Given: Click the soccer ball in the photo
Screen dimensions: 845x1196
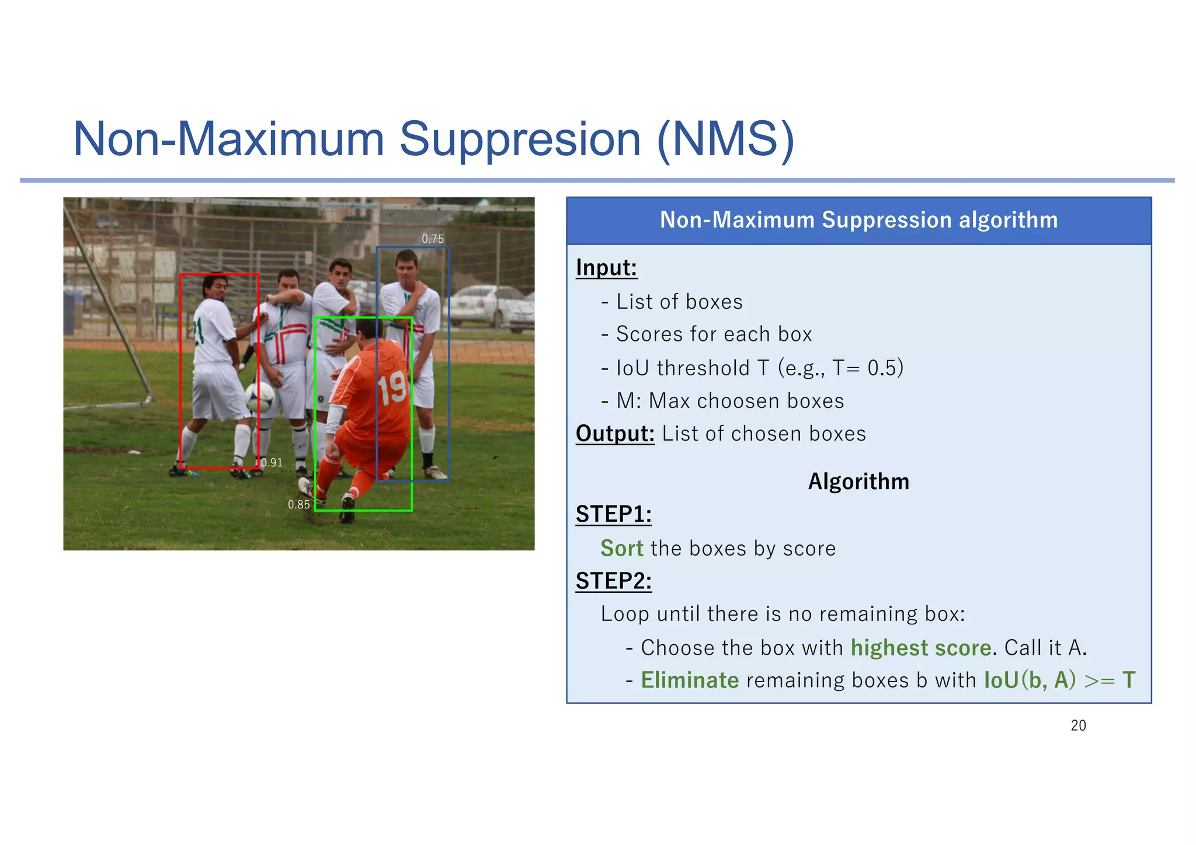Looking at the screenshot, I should pyautogui.click(x=259, y=397).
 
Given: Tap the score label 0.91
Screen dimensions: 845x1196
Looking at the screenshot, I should pyautogui.click(x=272, y=463).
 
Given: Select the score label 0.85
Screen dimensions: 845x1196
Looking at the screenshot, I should pyautogui.click(x=298, y=505).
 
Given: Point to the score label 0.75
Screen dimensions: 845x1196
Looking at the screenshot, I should pyautogui.click(x=433, y=239).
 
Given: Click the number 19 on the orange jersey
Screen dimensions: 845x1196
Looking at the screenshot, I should pyautogui.click(x=392, y=387).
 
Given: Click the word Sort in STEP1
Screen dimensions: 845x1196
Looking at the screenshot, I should pyautogui.click(x=621, y=549).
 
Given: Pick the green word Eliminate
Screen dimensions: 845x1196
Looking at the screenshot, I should pyautogui.click(x=690, y=680).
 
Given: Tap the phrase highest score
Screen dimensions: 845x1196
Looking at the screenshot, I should pyautogui.click(x=920, y=648).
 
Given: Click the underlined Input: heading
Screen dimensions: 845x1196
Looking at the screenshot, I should pyautogui.click(x=606, y=268).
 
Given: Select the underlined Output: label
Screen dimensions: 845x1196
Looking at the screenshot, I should pyautogui.click(x=615, y=434).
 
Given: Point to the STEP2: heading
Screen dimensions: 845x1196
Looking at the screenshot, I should pyautogui.click(x=613, y=581).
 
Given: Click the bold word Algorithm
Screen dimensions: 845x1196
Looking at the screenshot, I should pyautogui.click(x=858, y=481).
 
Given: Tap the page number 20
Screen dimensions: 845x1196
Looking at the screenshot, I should pyautogui.click(x=1078, y=725).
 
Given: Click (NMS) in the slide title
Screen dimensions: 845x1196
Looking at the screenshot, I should pyautogui.click(x=725, y=139).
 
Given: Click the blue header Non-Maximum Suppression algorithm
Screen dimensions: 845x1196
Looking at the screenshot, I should pyautogui.click(x=858, y=220).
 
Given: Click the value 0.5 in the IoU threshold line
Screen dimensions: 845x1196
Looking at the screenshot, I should pyautogui.click(x=882, y=368).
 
